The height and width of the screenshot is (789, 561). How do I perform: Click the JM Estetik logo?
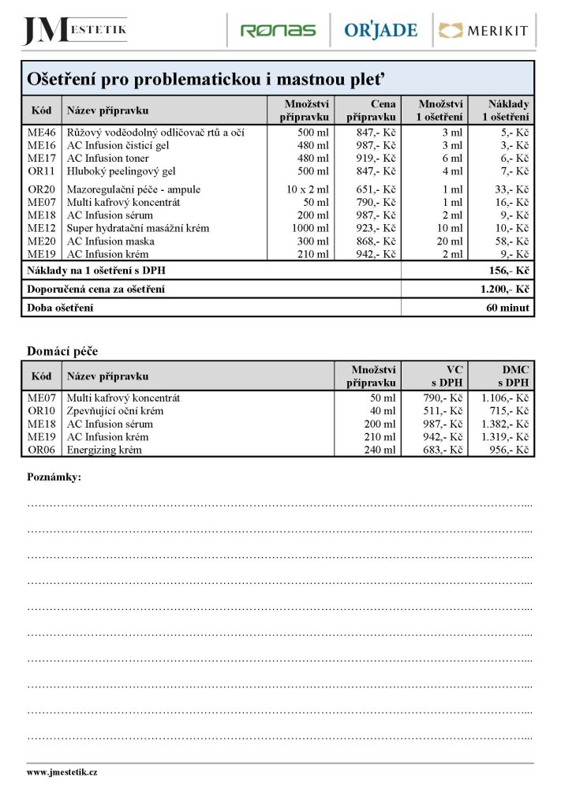point(74,31)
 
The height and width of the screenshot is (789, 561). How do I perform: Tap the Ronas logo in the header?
point(278,31)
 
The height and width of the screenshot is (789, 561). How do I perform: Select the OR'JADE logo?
point(380,31)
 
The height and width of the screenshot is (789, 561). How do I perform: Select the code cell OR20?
point(41,189)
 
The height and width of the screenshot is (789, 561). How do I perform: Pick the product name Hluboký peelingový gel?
point(121,170)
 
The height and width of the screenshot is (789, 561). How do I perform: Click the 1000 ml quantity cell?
point(310,228)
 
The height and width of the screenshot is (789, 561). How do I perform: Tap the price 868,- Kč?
point(376,241)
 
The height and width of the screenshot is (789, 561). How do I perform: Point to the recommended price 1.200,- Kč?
point(504,290)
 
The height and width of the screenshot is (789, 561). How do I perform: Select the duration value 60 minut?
point(507,308)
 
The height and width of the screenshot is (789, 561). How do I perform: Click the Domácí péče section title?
point(62,350)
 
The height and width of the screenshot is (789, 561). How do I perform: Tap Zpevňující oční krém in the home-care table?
point(119,411)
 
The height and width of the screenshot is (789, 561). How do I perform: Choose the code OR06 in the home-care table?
point(41,450)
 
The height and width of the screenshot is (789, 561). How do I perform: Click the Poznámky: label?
point(54,477)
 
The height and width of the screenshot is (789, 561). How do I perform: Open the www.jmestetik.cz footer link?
point(62,772)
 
